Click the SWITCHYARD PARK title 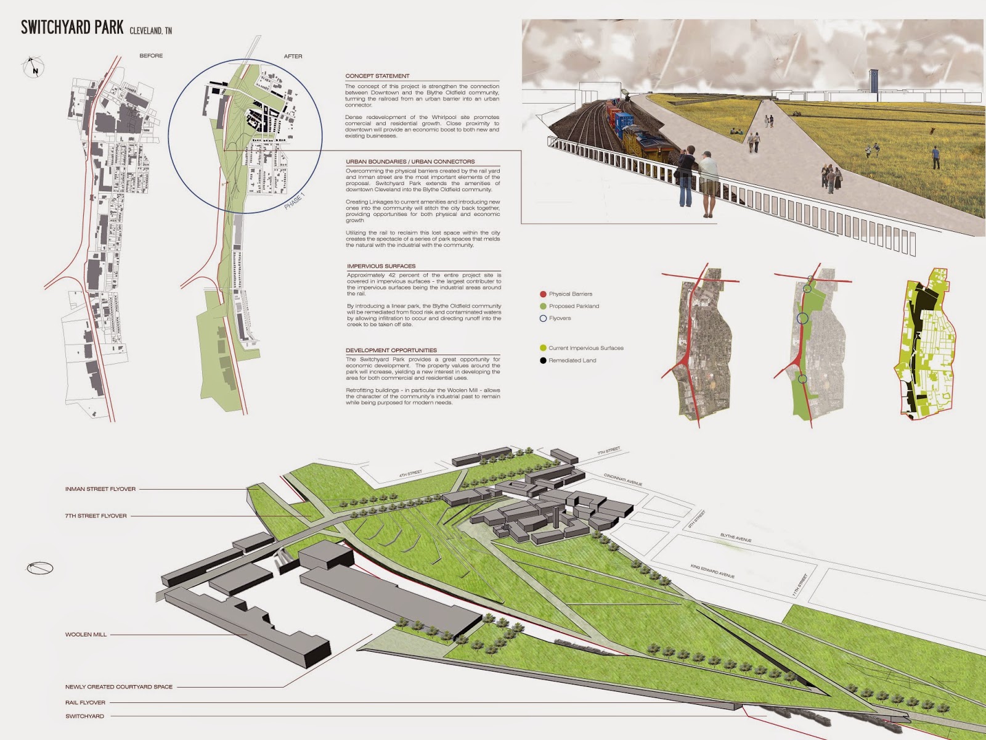click(72, 28)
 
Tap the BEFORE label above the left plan click(151, 55)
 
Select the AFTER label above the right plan click(293, 56)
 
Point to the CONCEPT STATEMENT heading click(377, 76)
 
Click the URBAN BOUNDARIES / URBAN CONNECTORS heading click(410, 162)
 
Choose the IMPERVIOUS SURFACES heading click(381, 266)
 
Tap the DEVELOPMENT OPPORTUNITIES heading click(391, 350)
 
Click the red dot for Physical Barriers click(543, 294)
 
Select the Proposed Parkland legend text click(574, 306)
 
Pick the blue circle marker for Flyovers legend click(543, 318)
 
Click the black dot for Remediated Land click(543, 360)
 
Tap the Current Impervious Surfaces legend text click(585, 348)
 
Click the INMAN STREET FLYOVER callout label click(100, 489)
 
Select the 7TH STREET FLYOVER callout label click(96, 516)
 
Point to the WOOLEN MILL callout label click(86, 634)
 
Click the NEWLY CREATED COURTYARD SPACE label click(119, 686)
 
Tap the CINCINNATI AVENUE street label click(622, 480)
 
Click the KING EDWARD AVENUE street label click(712, 571)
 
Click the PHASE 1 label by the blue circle click(294, 202)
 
